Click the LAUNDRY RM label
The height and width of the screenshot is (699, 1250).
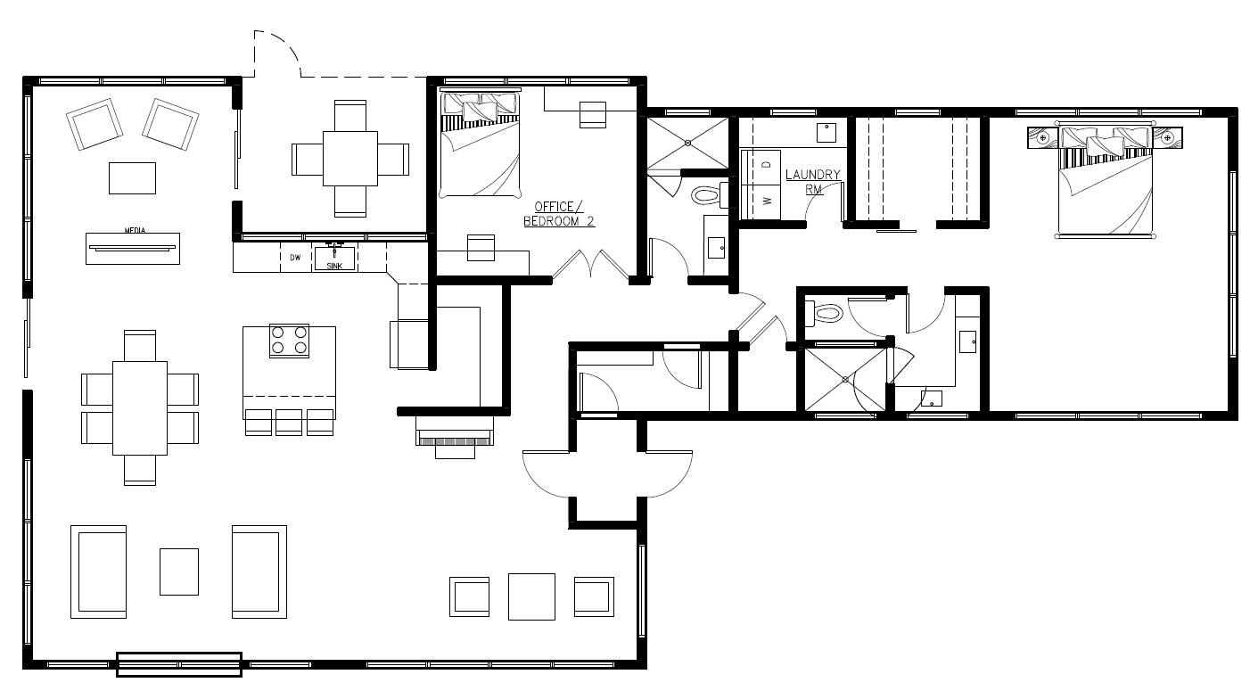[x=813, y=182]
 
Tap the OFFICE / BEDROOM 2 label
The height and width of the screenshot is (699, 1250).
[x=559, y=214]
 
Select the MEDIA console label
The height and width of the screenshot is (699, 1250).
[x=135, y=230]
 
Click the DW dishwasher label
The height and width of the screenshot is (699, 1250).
[x=295, y=257]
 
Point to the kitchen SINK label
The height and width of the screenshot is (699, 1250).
[x=334, y=266]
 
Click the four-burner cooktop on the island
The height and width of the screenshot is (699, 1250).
[x=289, y=341]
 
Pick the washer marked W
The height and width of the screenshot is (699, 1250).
[x=761, y=201]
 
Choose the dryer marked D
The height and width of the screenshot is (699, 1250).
[x=761, y=166]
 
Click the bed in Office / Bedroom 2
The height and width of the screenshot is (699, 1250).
[x=480, y=143]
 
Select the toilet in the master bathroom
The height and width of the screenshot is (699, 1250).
[x=823, y=314]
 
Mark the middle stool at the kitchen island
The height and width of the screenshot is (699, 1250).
[x=289, y=423]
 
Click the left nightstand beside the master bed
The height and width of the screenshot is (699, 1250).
[x=1043, y=138]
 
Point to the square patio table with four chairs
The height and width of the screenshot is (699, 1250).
[x=350, y=159]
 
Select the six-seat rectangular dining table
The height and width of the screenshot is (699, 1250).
[x=140, y=407]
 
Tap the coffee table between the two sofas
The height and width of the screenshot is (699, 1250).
[x=179, y=572]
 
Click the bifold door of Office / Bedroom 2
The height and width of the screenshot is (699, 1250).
[x=591, y=263]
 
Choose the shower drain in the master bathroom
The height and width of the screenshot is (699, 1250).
[x=845, y=379]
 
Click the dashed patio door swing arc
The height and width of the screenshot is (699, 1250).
[x=287, y=45]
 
